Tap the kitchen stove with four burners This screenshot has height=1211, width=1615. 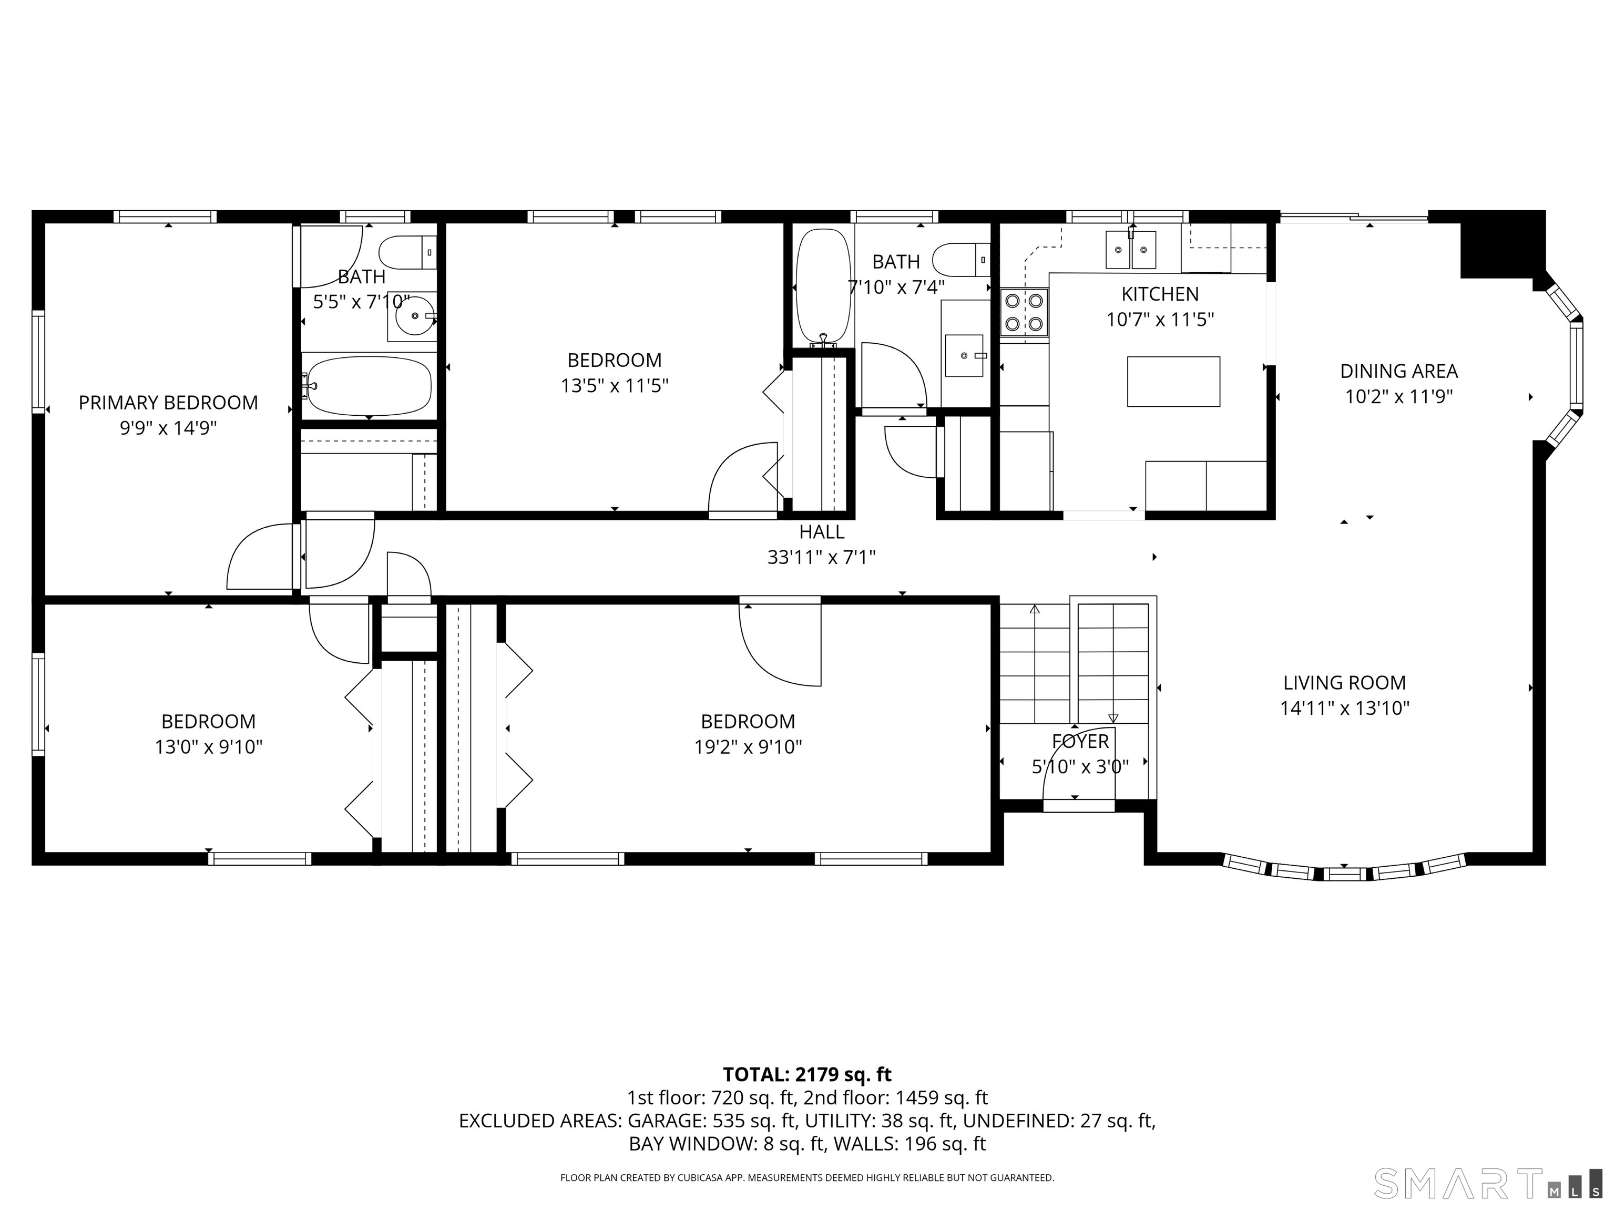point(1024,312)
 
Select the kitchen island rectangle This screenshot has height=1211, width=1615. point(1173,381)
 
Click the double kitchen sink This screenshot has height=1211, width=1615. point(1131,250)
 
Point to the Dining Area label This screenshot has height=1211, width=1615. point(1399,371)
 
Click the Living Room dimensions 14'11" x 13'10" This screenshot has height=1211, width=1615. point(1345,708)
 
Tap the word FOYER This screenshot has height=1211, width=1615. point(1080,742)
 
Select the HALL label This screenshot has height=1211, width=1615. point(821,532)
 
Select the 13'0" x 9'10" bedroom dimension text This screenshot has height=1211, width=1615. point(208,747)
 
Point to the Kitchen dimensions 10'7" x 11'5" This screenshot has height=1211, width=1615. point(1160,319)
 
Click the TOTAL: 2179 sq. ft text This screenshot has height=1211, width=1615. point(807,1074)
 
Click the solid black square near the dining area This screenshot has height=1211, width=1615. point(1502,244)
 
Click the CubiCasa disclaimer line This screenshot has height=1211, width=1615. point(807,1177)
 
